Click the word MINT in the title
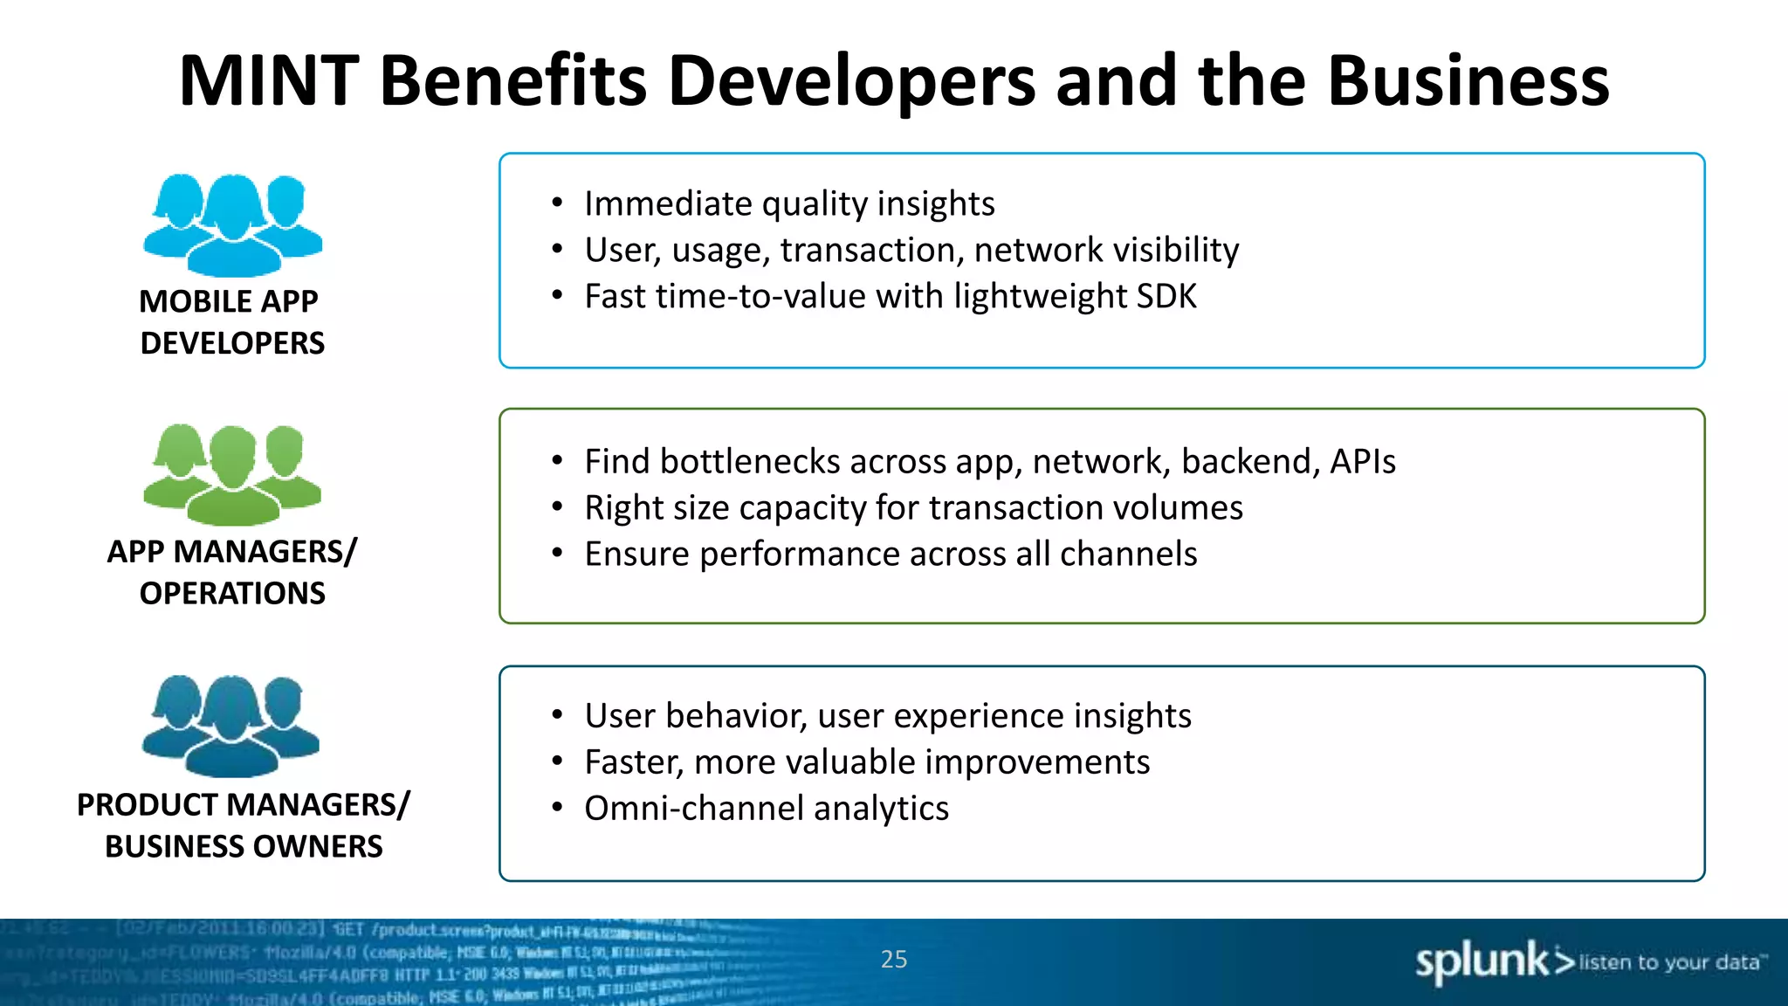point(269,81)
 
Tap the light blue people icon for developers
point(232,224)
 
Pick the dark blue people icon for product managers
point(231,726)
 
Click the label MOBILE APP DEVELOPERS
point(231,322)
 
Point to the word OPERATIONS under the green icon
point(232,594)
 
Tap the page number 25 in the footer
point(894,959)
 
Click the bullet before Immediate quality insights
point(557,203)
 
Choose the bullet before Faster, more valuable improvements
point(557,762)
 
